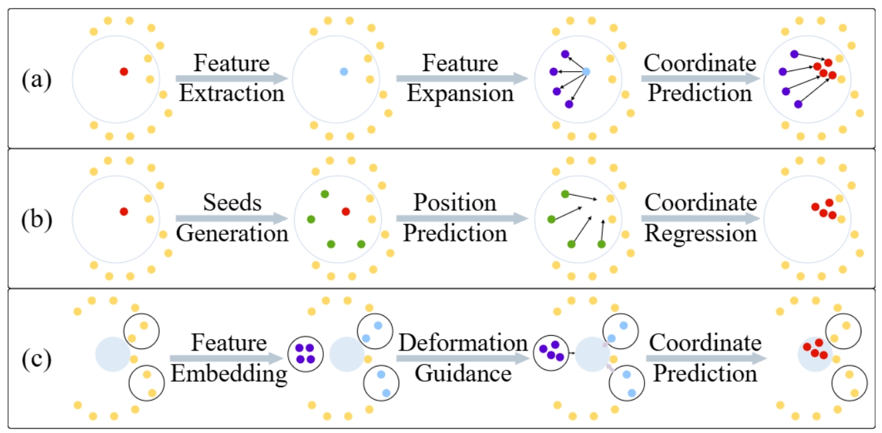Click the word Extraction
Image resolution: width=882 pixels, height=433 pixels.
click(232, 92)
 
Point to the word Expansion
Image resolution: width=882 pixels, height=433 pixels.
click(460, 92)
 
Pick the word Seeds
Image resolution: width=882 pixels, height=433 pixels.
click(232, 202)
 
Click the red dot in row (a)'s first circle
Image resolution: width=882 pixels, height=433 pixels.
click(124, 71)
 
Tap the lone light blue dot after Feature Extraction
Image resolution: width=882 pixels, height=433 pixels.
click(343, 71)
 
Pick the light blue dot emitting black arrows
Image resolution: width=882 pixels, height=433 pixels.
click(586, 71)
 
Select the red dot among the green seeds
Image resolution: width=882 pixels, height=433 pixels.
click(345, 212)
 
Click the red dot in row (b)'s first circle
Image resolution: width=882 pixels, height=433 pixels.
click(124, 212)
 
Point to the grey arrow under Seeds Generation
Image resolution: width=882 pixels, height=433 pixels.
click(232, 218)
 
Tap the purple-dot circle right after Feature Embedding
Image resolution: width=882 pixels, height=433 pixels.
click(305, 353)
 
